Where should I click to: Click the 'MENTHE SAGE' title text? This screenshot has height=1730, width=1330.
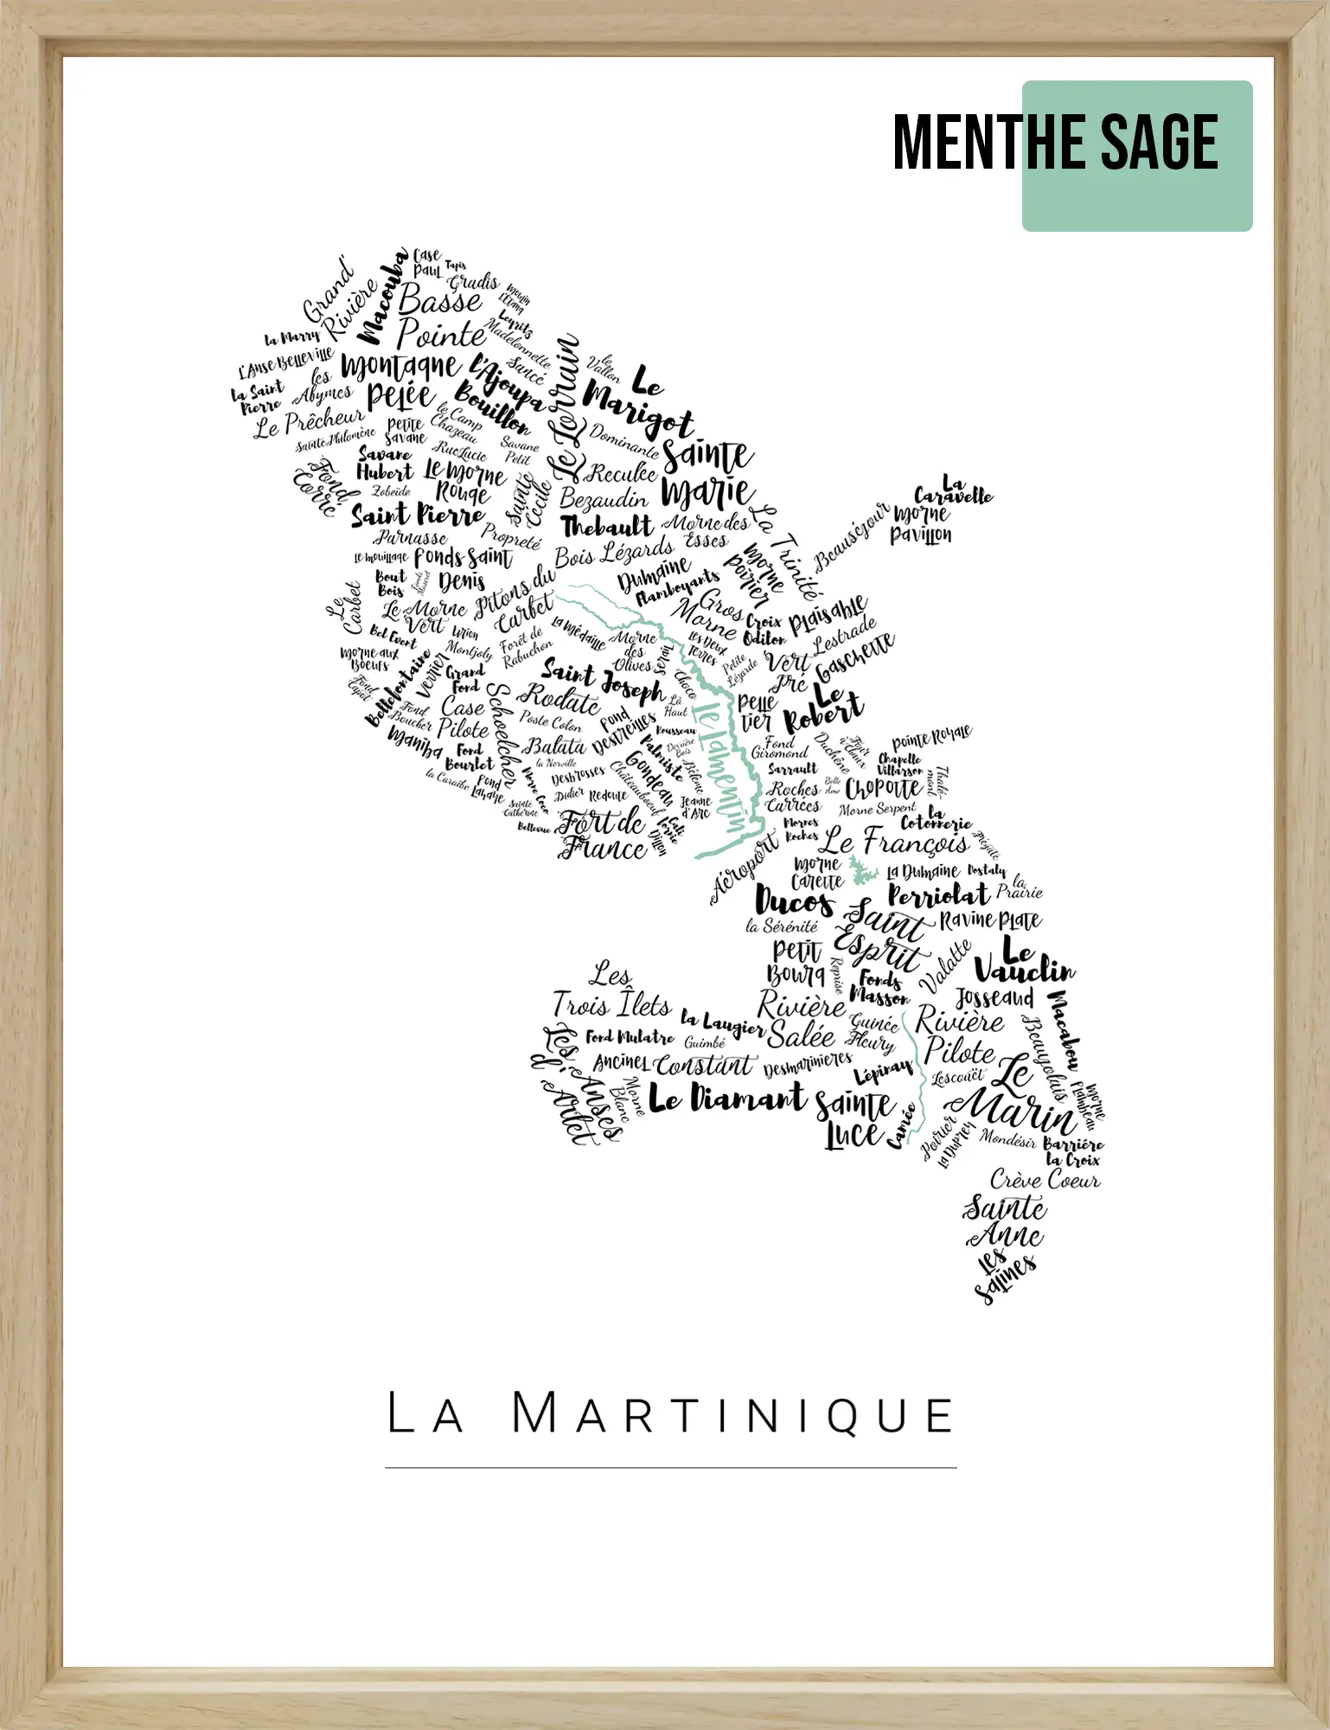tap(1055, 143)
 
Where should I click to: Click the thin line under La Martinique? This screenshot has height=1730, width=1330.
tap(670, 1468)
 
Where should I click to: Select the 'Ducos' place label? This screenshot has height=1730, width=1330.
tap(794, 901)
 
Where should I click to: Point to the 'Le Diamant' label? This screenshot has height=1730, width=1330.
tap(726, 1099)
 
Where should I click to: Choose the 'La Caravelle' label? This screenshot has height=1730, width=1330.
tap(953, 490)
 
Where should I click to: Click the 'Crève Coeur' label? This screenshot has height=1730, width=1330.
tap(1045, 1180)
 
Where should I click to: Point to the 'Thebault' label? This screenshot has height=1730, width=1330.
tap(606, 527)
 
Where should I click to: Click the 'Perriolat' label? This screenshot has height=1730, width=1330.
tap(938, 895)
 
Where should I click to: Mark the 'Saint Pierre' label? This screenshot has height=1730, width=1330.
tap(418, 516)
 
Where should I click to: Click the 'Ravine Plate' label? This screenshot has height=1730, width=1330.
tap(990, 919)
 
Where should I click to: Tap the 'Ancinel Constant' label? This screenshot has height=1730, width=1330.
tap(674, 1063)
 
